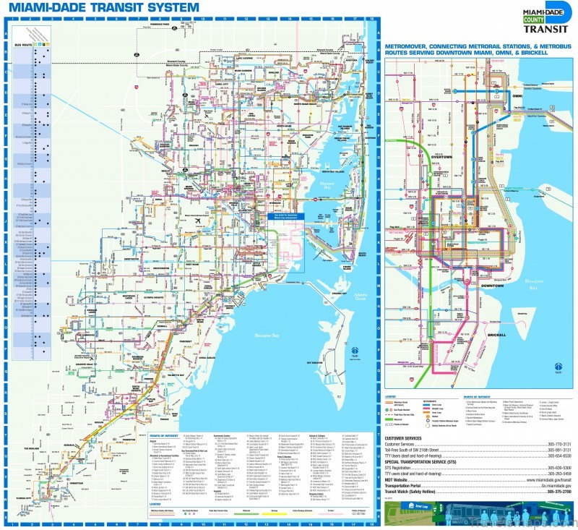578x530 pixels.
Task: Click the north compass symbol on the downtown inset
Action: (557, 367)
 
